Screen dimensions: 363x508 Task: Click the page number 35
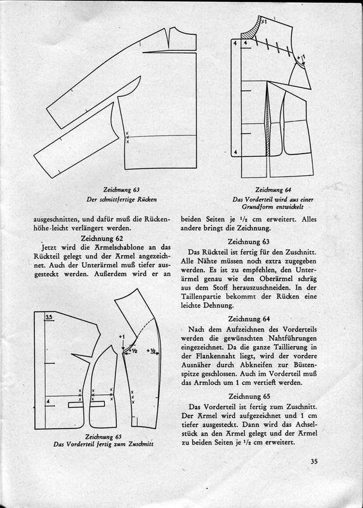tap(314, 462)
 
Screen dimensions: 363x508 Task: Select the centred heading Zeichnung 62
tap(102, 239)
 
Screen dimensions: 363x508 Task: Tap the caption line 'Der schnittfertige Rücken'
tap(121, 199)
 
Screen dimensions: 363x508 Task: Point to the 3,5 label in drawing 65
tap(49, 317)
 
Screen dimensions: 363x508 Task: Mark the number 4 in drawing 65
tap(48, 402)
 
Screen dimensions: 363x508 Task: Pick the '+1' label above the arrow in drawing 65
tap(122, 337)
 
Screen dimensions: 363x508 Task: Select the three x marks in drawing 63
tap(128, 137)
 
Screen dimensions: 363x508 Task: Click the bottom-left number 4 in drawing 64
tap(235, 152)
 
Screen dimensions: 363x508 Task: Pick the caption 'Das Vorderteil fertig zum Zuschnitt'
tap(103, 444)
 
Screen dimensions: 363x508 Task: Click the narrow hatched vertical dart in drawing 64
tap(267, 120)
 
